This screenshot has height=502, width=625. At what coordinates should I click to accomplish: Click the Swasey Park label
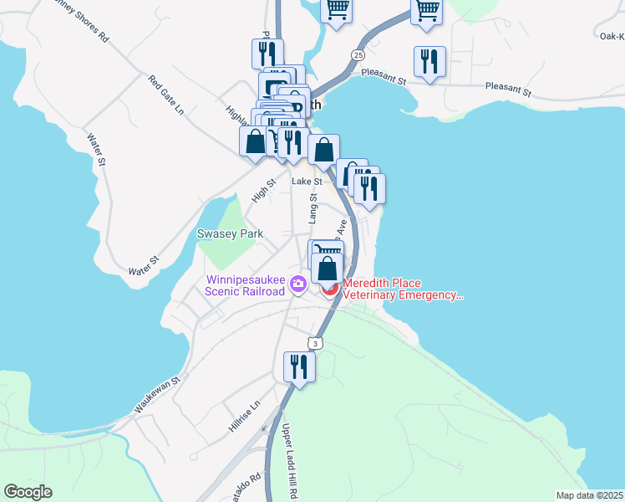pos(230,234)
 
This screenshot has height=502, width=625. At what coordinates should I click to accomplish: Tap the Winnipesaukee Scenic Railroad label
pos(245,285)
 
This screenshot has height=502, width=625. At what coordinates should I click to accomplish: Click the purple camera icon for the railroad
pos(297,285)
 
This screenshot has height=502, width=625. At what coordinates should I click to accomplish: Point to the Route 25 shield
pos(358,55)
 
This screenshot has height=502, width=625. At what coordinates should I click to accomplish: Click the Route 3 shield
pos(314,343)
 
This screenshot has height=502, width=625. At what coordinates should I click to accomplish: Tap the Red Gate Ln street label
pos(165,95)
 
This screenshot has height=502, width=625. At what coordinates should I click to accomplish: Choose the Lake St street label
pos(307,181)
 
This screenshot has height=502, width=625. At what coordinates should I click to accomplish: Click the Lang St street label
pos(313,208)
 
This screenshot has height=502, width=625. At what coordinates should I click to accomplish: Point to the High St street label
pos(264,191)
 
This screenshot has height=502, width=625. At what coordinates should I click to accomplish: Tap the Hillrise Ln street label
pos(245,416)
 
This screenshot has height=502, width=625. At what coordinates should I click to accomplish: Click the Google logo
pos(28,492)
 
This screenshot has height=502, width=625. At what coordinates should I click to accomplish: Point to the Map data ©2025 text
pos(589,495)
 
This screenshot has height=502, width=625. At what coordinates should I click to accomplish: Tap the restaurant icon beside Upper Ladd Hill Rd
pos(298,366)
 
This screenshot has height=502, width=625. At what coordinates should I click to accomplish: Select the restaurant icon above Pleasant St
pos(429,61)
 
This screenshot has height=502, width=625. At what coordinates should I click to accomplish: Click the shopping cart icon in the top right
pos(426,11)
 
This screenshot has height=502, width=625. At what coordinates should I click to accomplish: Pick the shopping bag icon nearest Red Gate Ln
pos(255,141)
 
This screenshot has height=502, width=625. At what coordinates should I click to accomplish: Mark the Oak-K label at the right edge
pos(612,36)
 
